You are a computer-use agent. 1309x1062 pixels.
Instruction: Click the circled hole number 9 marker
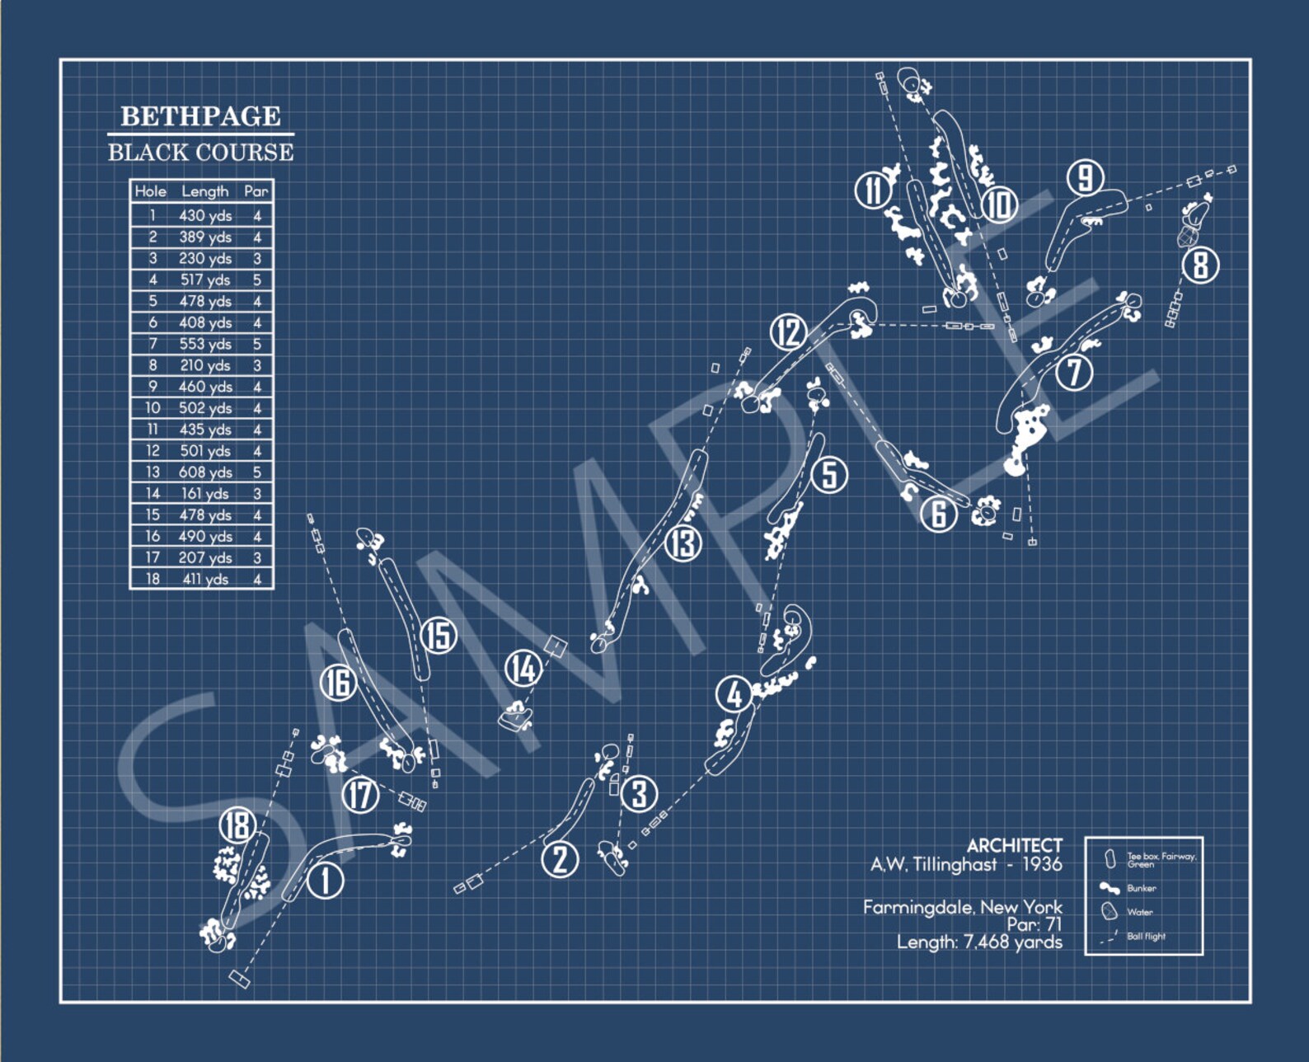[x=1086, y=178]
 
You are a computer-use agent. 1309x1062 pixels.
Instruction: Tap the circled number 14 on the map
[x=523, y=668]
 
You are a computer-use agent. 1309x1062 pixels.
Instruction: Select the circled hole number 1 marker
[x=326, y=880]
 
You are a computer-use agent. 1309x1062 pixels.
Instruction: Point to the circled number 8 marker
[x=1200, y=265]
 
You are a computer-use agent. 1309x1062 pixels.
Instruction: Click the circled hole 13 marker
[x=683, y=543]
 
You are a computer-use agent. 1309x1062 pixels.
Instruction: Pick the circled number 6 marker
[x=938, y=515]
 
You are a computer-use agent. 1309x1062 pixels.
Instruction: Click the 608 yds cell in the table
[x=205, y=472]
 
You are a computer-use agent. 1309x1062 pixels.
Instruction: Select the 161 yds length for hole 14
[x=205, y=494]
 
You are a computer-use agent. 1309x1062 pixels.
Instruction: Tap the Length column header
[x=205, y=191]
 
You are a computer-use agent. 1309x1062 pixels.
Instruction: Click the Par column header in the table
[x=256, y=191]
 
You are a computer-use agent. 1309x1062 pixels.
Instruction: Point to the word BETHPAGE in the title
[x=200, y=116]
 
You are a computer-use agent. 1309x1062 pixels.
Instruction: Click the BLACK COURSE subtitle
[x=200, y=153]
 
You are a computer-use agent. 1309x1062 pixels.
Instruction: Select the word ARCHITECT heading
[x=1014, y=846]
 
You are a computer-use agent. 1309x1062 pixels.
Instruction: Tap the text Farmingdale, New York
[x=962, y=907]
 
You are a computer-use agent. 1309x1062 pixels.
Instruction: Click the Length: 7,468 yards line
[x=979, y=942]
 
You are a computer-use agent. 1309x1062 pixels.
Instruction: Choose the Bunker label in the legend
[x=1142, y=888]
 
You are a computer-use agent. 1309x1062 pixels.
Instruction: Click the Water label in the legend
[x=1140, y=912]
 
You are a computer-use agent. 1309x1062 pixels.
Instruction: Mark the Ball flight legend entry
[x=1146, y=937]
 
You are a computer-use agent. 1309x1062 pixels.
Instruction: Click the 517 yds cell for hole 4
[x=205, y=280]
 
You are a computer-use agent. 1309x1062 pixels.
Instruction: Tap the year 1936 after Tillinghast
[x=1042, y=864]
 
